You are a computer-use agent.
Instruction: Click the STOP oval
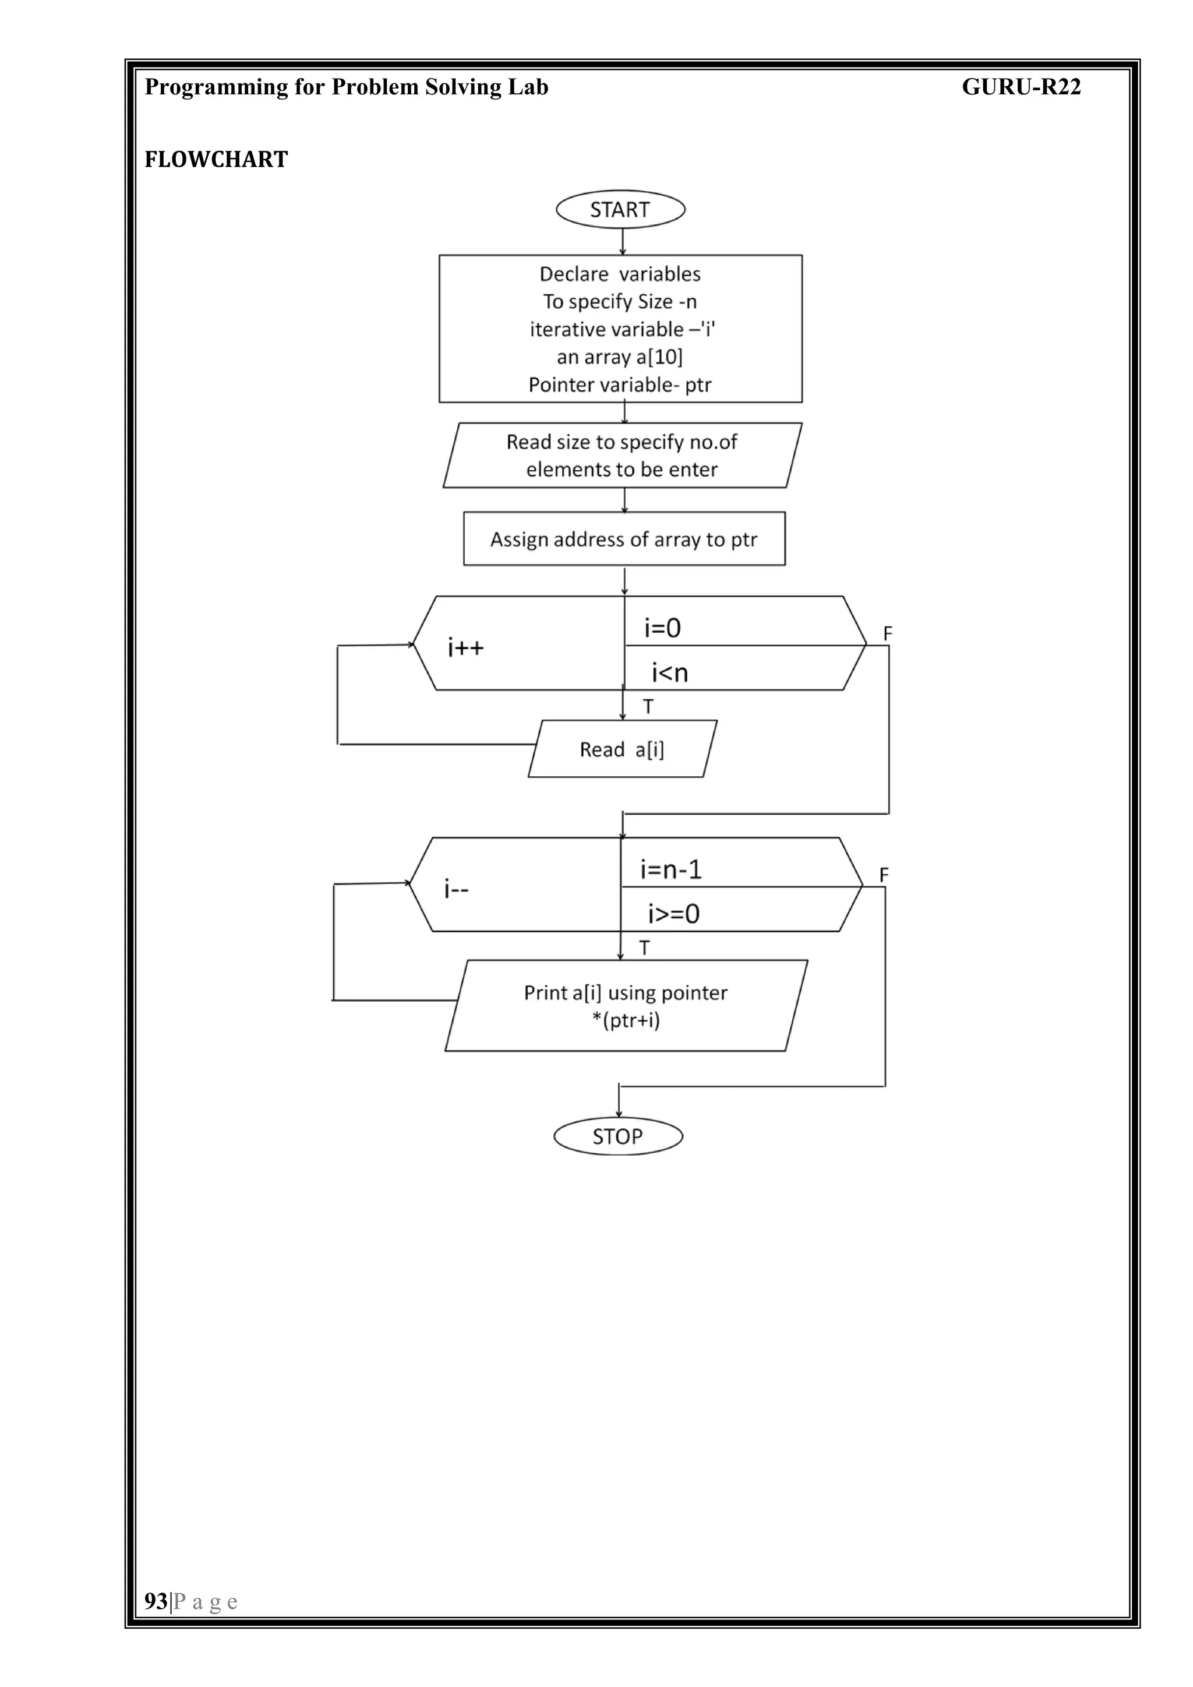(x=618, y=1137)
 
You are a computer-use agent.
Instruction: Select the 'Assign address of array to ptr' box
(x=624, y=539)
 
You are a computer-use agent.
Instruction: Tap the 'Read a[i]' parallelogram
(x=622, y=749)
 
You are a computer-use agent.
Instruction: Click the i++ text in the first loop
(x=466, y=648)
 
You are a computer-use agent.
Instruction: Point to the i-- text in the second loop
(x=456, y=890)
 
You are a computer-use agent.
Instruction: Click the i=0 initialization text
(x=662, y=628)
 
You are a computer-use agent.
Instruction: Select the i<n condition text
(x=670, y=672)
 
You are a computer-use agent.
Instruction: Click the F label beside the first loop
(x=887, y=633)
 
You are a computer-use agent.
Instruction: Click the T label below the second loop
(x=644, y=948)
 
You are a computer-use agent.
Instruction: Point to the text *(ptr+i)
(x=626, y=1020)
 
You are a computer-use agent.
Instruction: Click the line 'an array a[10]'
(x=619, y=357)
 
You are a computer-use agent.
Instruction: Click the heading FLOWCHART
(x=216, y=160)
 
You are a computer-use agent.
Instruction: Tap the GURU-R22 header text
(x=1021, y=87)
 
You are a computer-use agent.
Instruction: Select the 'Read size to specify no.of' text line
(x=622, y=442)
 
